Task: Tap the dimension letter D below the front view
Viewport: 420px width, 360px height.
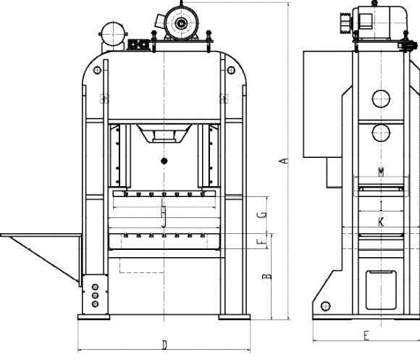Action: pyautogui.click(x=164, y=345)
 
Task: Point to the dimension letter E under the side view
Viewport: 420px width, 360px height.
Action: pyautogui.click(x=366, y=335)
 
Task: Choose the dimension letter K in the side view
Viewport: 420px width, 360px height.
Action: pyautogui.click(x=381, y=222)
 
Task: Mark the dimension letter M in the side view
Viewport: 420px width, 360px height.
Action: pyautogui.click(x=381, y=172)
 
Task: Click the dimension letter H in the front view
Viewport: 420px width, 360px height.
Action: pyautogui.click(x=164, y=212)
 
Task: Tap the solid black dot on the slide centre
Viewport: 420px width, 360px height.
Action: pyautogui.click(x=164, y=161)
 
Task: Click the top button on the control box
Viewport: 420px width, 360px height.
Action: pyautogui.click(x=95, y=287)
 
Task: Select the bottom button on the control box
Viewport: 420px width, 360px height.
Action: pyautogui.click(x=95, y=304)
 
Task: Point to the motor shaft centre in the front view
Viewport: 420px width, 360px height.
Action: pyautogui.click(x=181, y=24)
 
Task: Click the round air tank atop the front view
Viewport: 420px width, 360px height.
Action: pyautogui.click(x=113, y=34)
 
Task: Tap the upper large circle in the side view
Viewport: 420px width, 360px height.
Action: pyautogui.click(x=381, y=99)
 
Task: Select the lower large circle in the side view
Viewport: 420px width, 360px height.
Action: pyautogui.click(x=381, y=133)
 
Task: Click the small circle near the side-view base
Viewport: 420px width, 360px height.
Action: pyautogui.click(x=325, y=306)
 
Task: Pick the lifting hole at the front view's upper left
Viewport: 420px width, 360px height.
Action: pyautogui.click(x=97, y=70)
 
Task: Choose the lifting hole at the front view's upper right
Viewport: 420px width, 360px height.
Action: pyautogui.click(x=231, y=70)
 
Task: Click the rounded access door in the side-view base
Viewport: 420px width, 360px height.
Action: pyautogui.click(x=381, y=290)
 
